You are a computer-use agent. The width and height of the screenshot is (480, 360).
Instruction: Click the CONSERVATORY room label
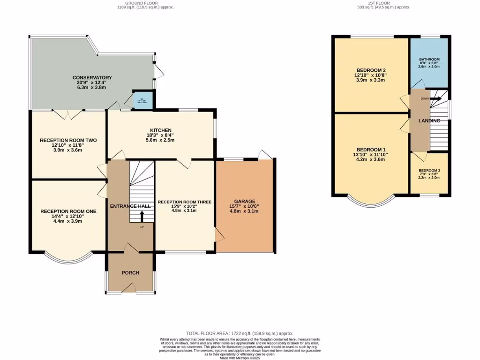point(92,77)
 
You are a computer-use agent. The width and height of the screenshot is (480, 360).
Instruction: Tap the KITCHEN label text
point(161,130)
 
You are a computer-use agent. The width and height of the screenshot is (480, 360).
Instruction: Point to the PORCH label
point(130,272)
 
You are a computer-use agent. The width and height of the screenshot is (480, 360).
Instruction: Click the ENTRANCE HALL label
point(130,206)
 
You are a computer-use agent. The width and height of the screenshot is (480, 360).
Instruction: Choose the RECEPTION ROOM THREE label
point(185,202)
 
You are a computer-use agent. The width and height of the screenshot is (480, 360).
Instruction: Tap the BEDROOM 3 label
point(429,171)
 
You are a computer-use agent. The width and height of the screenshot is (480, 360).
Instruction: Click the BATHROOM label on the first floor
point(429,60)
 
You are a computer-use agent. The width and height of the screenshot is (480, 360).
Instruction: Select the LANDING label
point(429,120)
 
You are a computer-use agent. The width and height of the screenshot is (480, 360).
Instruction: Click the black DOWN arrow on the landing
point(435,99)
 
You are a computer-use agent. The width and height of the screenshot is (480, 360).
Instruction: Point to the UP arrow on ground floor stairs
point(142,216)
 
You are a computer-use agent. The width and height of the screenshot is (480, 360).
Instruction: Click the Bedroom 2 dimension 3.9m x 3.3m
point(371,80)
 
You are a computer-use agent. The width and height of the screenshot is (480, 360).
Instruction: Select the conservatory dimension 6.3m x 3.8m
point(92,87)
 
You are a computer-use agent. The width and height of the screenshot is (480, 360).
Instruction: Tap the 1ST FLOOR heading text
point(383,3)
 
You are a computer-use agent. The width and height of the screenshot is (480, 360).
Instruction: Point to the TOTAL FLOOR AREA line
point(240,332)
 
